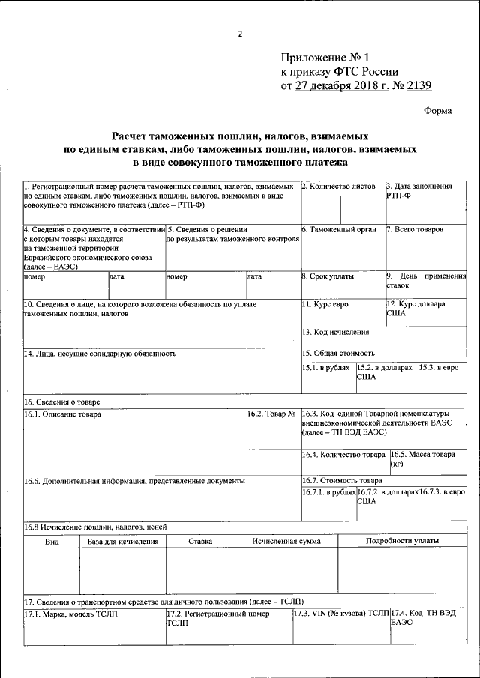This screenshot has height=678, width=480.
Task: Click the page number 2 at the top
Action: click(241, 34)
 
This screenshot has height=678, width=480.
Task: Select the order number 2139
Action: click(417, 85)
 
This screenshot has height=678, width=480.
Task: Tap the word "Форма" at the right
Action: click(437, 111)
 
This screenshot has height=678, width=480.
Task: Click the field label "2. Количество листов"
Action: click(338, 186)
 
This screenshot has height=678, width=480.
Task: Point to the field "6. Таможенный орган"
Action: click(339, 229)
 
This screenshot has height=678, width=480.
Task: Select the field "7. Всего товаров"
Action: click(415, 229)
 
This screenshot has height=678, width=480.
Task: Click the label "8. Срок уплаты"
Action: click(328, 276)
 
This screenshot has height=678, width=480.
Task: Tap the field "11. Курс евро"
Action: click(325, 305)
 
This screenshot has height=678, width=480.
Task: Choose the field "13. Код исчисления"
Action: click(335, 331)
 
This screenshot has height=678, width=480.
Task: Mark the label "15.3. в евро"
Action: click(439, 368)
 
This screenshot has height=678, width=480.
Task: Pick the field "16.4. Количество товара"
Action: click(343, 454)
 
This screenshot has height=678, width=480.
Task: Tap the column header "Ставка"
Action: click(199, 540)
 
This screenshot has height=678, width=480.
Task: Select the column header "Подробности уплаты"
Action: click(402, 540)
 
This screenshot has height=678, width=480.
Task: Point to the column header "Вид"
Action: click(52, 540)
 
